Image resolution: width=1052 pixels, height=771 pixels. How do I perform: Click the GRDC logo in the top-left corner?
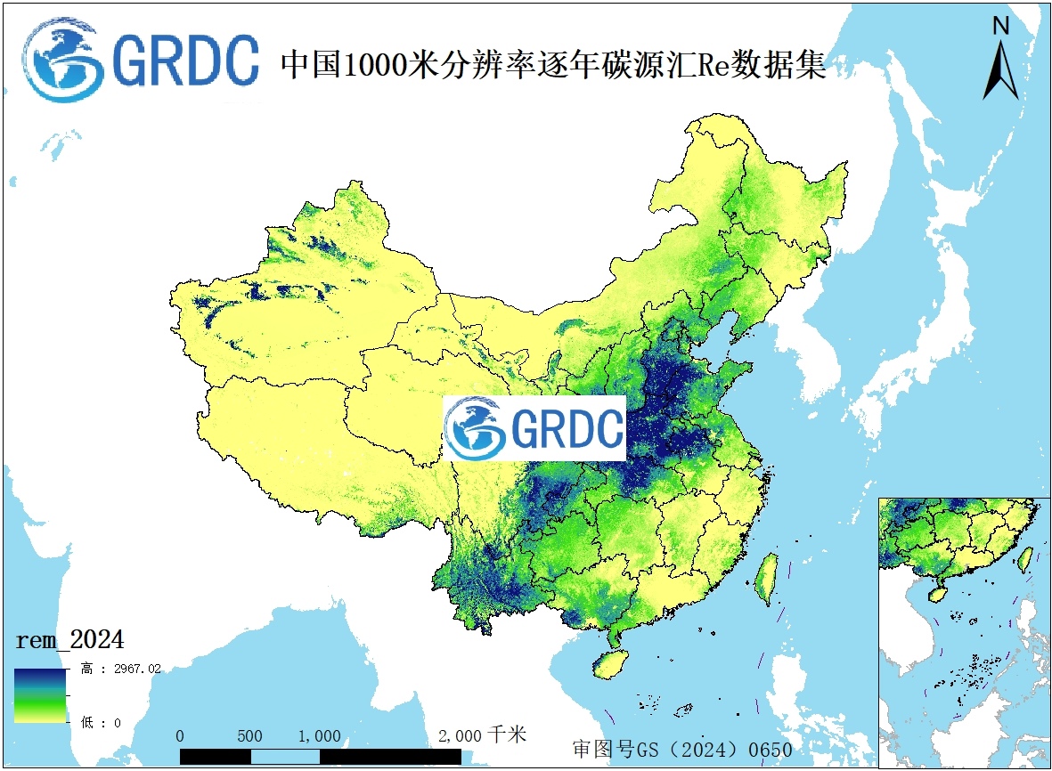141,60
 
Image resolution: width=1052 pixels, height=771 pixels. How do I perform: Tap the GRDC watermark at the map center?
535,428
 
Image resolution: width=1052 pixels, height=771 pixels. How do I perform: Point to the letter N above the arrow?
1000,27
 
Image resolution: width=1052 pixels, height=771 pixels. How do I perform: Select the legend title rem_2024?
69,639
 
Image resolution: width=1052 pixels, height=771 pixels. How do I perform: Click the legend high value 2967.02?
132,669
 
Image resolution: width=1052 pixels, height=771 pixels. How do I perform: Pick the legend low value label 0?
116,722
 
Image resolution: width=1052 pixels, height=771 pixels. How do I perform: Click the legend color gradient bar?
39,694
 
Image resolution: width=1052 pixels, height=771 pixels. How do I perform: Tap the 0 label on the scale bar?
181,736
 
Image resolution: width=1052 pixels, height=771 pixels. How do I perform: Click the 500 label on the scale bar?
250,736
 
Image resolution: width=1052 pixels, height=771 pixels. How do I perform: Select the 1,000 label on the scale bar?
319,736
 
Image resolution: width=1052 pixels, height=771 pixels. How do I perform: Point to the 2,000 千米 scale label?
482,735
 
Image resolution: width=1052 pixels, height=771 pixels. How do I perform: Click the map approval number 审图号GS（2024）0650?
681,750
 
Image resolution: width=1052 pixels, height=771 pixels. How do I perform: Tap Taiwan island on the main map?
765,579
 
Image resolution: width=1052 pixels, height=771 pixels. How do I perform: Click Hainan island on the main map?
608,663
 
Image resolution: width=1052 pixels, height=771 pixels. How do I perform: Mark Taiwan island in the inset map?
1025,558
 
